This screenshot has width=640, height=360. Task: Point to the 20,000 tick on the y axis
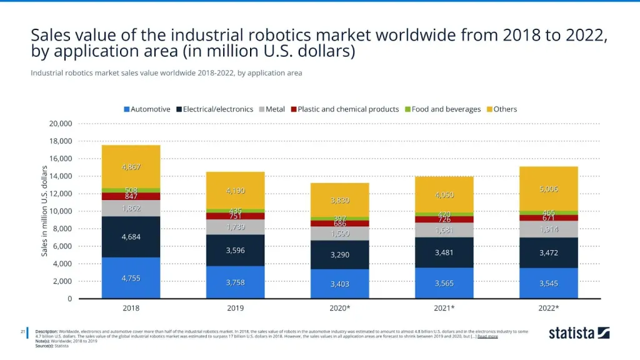coord(61,124)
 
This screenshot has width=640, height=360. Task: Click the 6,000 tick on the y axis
coord(63,246)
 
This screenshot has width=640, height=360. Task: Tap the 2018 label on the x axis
coord(131,309)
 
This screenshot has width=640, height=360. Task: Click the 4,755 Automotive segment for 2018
coord(131,278)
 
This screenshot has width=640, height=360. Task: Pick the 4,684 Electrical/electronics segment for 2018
coord(131,237)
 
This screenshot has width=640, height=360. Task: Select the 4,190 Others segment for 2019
coord(236,191)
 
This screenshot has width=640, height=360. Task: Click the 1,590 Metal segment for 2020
coord(340,233)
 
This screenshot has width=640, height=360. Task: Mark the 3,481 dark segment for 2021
coord(444,252)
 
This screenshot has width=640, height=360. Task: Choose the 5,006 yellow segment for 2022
coord(549,189)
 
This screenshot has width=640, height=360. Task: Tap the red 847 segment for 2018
coord(131,196)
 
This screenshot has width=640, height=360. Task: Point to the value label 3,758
coord(236,282)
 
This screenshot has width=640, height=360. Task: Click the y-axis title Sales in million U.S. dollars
coord(44,211)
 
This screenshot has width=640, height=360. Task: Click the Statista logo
coord(579,333)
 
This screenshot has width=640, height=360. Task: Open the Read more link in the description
coord(487,336)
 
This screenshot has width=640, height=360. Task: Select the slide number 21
coord(23,331)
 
